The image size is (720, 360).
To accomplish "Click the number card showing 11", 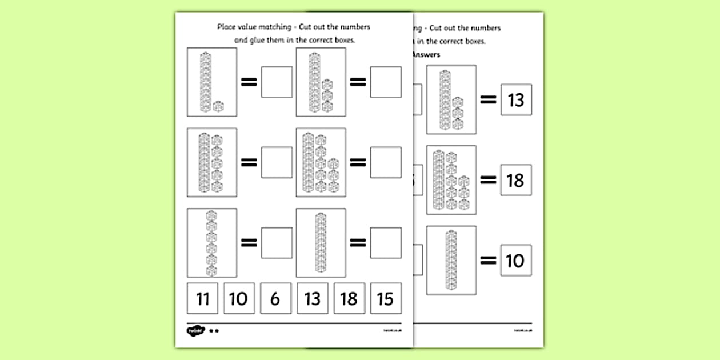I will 202,298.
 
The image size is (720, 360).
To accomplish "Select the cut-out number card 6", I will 275,298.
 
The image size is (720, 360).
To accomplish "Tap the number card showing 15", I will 386,298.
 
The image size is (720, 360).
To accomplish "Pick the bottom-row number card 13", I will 313,298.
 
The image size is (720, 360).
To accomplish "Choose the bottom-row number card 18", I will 349,298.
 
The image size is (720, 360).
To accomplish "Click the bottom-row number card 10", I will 238,298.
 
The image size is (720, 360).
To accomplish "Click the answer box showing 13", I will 515,100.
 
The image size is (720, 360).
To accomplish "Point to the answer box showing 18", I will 515,181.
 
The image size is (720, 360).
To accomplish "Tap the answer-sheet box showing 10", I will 515,261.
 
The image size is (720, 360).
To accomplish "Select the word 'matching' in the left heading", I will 280,27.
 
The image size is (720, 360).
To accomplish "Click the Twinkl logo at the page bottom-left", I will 194,330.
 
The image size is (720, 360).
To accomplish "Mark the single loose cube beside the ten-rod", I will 218,106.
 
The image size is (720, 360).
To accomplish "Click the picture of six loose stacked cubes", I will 212,242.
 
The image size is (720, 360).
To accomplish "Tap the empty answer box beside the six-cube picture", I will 277,242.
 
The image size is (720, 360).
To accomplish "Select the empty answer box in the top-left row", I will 277,82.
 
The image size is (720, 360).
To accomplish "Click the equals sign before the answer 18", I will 488,181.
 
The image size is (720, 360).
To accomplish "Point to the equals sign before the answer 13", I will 488,100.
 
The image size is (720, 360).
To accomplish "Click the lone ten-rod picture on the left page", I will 321,242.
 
